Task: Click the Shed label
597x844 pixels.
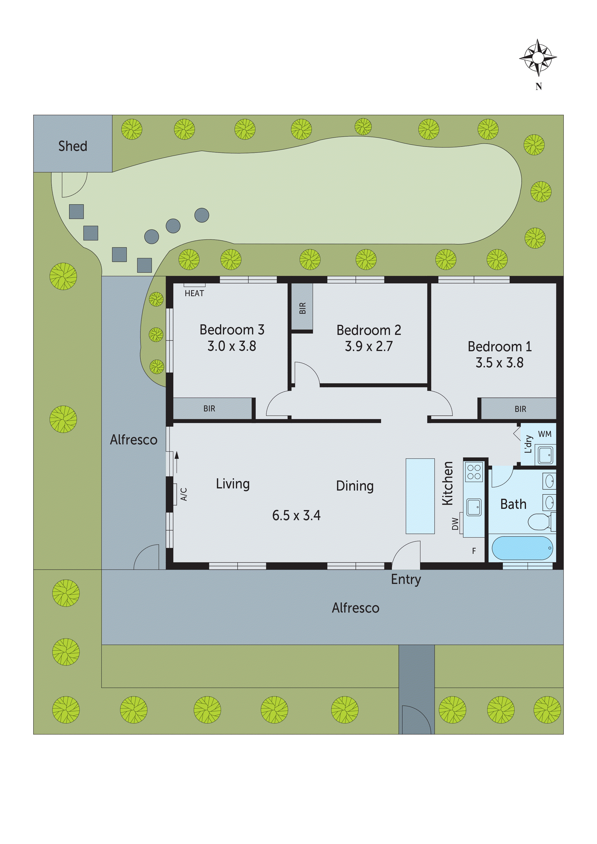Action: (73, 146)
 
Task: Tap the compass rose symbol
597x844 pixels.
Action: (538, 58)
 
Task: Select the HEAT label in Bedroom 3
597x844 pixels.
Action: (194, 293)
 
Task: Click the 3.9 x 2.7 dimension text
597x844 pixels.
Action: (369, 346)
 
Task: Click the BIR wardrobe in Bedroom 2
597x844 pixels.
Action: (302, 307)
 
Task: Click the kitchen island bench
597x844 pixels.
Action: (420, 496)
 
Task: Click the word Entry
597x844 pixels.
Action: (406, 579)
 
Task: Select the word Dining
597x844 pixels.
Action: (355, 486)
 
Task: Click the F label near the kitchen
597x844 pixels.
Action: (474, 551)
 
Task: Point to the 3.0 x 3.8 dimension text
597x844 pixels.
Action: (232, 346)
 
